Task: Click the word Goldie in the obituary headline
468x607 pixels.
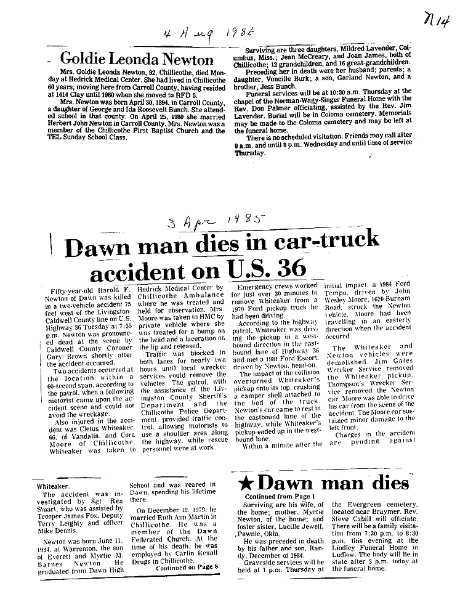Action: click(x=90, y=60)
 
